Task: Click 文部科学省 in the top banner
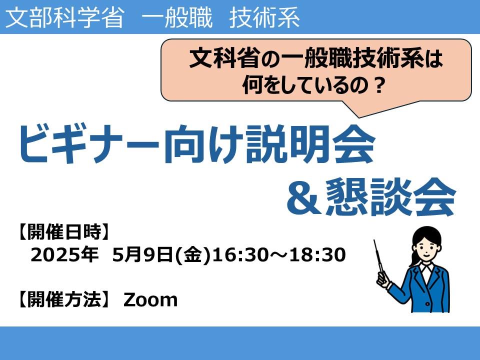64,17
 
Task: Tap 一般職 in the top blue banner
177,17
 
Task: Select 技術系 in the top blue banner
264,17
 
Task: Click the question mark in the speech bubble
379,85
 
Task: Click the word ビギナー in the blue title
89,144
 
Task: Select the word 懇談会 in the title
390,197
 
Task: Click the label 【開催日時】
63,231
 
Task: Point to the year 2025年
64,254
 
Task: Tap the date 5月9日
142,254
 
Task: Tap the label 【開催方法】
63,299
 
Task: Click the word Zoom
150,299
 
